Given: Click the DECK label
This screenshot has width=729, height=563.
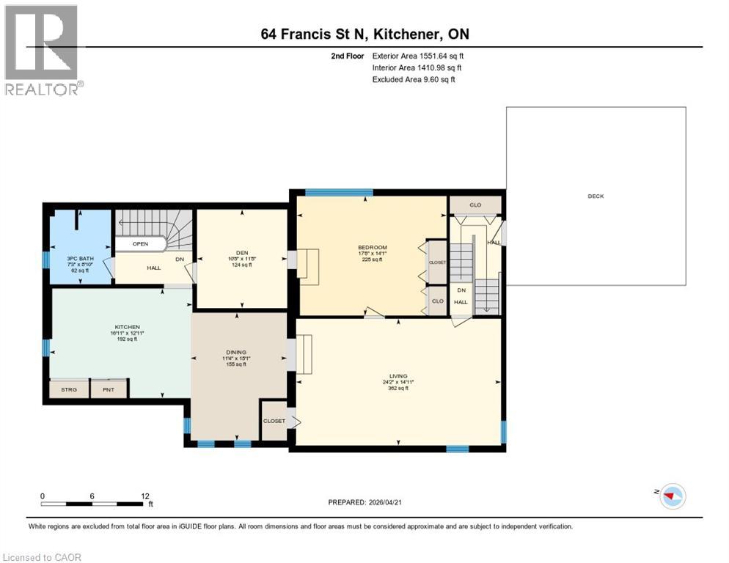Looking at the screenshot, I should point(595,196).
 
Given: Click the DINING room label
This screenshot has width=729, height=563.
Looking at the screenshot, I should point(235,351).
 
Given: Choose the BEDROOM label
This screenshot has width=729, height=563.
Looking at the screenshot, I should point(373,247).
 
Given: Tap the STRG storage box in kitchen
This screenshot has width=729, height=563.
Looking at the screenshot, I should point(68,389).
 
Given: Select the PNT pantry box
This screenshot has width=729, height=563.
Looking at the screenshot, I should point(109,389).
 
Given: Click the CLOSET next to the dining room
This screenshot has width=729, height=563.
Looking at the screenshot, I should point(274,421).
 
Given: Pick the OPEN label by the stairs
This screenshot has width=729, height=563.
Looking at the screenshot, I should point(141,243).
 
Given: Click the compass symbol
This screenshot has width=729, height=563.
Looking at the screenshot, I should point(672,496).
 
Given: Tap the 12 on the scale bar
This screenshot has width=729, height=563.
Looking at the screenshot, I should point(144,496).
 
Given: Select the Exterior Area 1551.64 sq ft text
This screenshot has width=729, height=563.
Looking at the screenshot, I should point(418,56).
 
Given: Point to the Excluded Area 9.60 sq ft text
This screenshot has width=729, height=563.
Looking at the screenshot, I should point(414,79).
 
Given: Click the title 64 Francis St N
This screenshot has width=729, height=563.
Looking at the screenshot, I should point(364,34).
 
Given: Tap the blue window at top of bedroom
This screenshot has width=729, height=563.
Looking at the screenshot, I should point(339,193).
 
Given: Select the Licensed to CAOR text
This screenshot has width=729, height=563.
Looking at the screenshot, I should point(42,557).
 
